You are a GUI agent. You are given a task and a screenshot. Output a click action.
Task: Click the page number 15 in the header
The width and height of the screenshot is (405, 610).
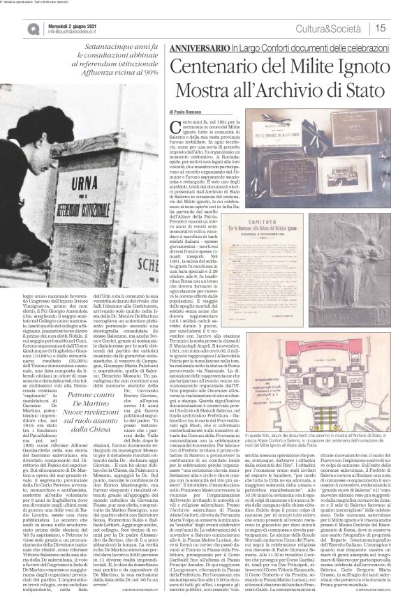pos(381,28)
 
